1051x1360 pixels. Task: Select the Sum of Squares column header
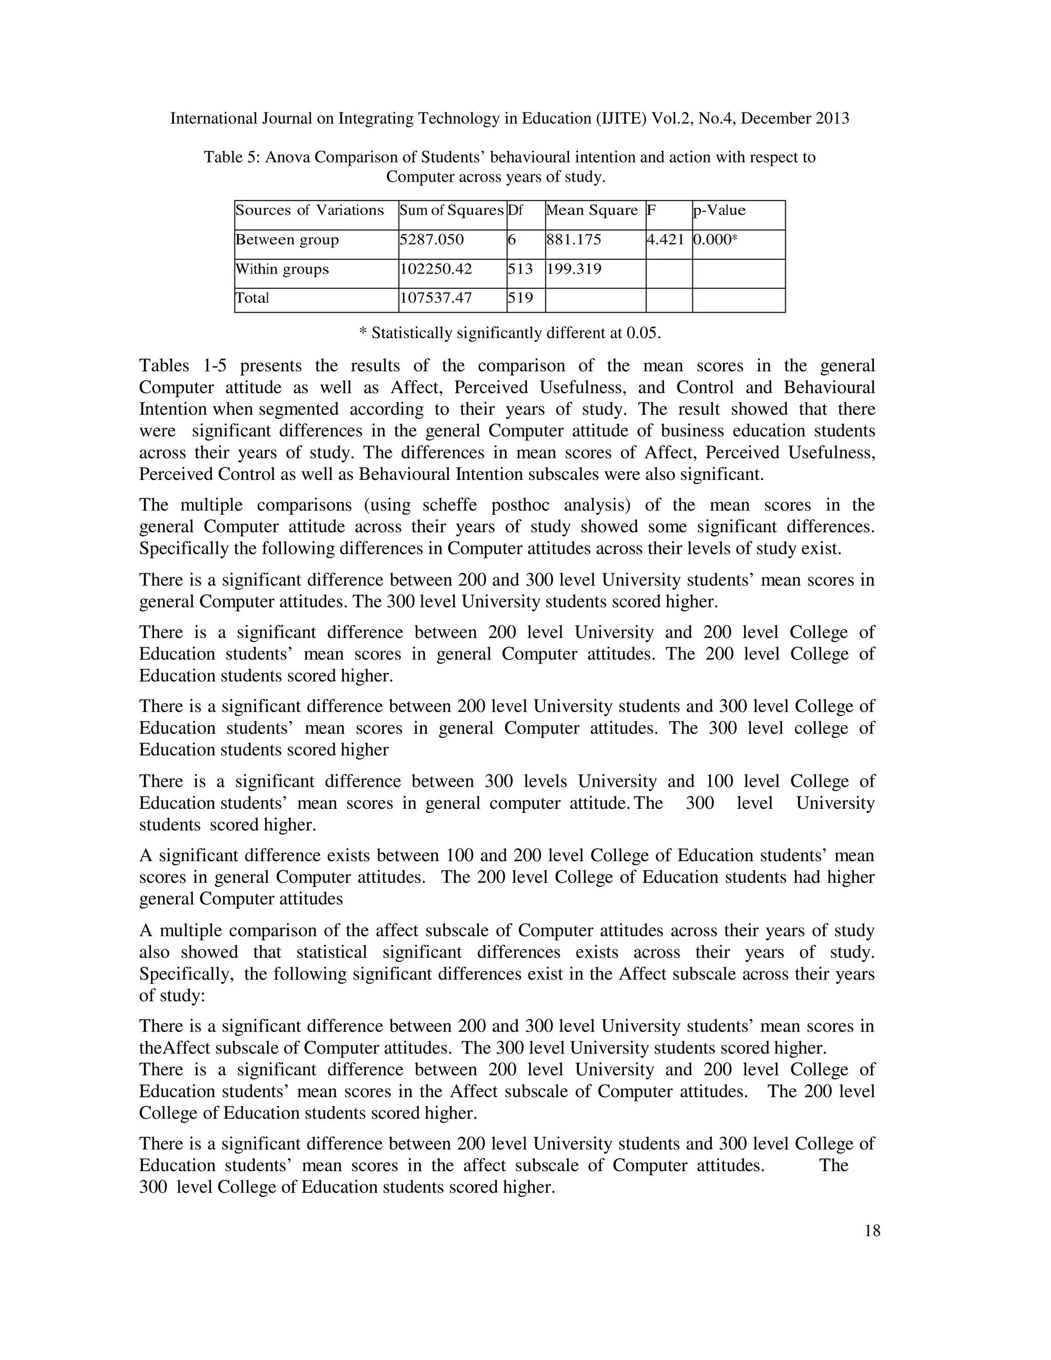[x=452, y=210]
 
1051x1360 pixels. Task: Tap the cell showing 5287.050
[x=432, y=240]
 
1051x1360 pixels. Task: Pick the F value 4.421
[x=666, y=240]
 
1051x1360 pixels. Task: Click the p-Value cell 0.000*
[x=715, y=240]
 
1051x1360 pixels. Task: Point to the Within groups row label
[x=282, y=269]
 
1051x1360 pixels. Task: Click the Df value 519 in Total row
[x=520, y=298]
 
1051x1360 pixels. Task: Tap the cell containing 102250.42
[x=435, y=269]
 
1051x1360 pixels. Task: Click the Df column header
[x=516, y=210]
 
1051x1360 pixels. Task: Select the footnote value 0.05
[x=642, y=333]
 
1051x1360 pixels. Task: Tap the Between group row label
[x=287, y=240]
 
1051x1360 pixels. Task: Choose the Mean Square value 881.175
[x=573, y=240]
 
